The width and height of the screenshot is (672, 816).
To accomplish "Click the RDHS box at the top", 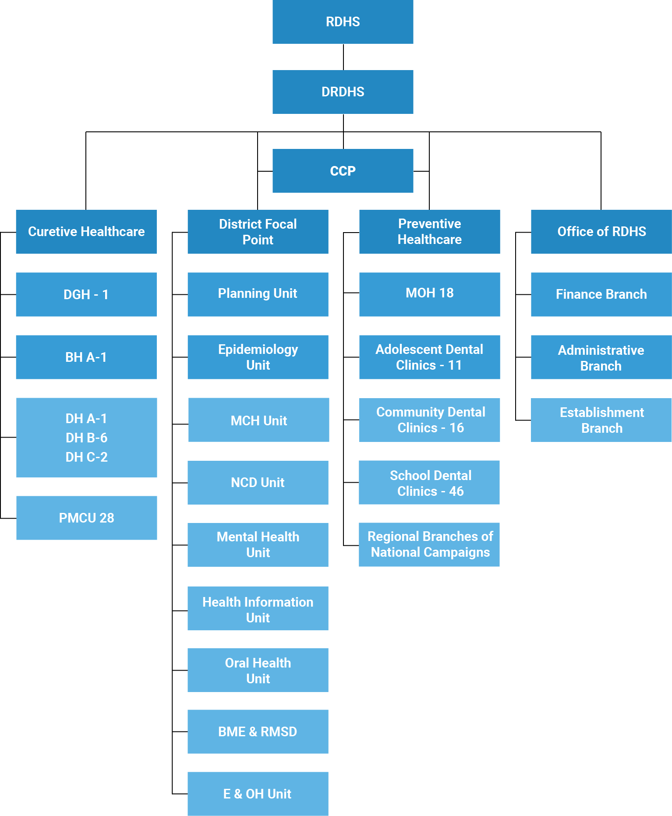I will click(x=343, y=22).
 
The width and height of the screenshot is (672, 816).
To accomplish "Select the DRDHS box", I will click(x=343, y=92).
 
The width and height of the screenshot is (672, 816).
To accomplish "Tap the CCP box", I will click(x=343, y=171).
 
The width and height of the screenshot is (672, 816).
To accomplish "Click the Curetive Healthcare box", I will click(x=86, y=232).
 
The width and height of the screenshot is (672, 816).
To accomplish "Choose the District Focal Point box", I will click(x=258, y=232).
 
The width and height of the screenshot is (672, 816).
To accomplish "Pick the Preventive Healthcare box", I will click(x=429, y=232).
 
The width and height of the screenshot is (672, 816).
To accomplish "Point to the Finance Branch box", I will click(x=601, y=294).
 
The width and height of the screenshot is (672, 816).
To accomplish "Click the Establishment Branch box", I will click(x=601, y=420).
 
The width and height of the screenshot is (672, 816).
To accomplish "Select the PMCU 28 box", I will click(x=86, y=518).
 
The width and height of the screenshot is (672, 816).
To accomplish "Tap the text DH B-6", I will click(x=86, y=438).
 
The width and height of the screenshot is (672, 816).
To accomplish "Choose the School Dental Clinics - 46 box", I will click(x=429, y=483).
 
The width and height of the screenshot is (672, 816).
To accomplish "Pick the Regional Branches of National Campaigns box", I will click(x=429, y=544).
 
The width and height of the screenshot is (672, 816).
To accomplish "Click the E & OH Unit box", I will click(x=258, y=794).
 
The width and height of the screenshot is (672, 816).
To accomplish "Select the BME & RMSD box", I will click(x=258, y=731).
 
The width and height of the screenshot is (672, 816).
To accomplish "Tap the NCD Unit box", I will click(x=258, y=483).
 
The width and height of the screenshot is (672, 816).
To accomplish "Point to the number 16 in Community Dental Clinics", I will click(x=456, y=428).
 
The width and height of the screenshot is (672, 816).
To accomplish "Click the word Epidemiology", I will click(x=258, y=350).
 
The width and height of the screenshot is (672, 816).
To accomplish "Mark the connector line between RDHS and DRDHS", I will click(x=343, y=57).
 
